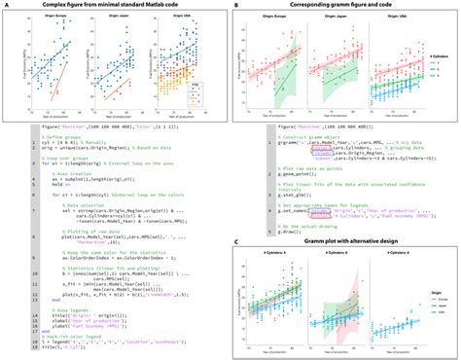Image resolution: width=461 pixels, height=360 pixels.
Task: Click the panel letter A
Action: click(x=6, y=7)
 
